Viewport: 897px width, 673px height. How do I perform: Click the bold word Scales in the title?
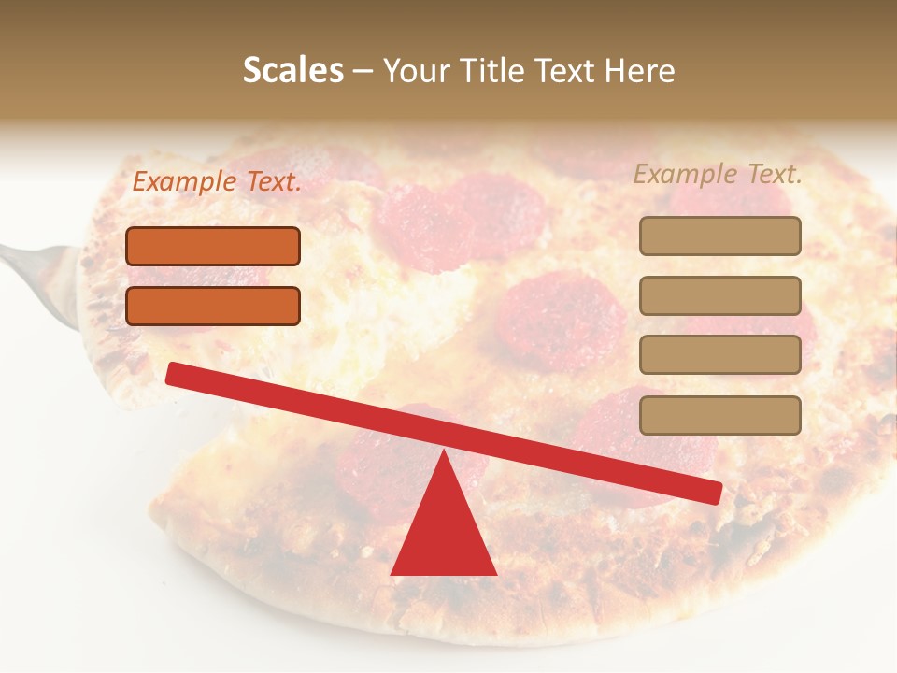[x=293, y=71]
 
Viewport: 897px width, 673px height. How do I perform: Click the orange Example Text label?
[x=217, y=182]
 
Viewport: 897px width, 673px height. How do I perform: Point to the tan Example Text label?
[x=718, y=174]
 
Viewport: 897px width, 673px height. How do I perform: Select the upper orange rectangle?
[x=213, y=246]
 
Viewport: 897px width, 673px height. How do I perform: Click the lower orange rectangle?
[x=213, y=306]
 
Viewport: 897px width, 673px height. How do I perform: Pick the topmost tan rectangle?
[x=719, y=236]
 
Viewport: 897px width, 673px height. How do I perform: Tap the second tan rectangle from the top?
[x=719, y=295]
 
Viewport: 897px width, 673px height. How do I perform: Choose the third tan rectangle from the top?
[x=719, y=355]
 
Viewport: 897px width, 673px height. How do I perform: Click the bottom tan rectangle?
[x=719, y=415]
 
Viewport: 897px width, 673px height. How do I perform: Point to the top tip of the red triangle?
[x=444, y=452]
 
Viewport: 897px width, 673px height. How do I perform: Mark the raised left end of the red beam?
[x=173, y=373]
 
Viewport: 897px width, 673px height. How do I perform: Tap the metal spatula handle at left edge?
[x=28, y=257]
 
